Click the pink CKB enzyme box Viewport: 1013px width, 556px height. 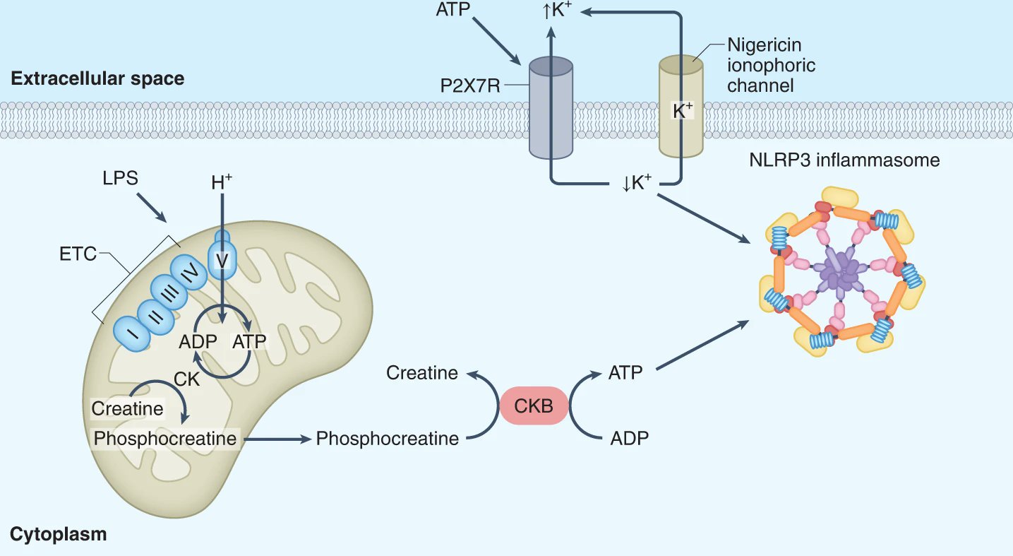(534, 405)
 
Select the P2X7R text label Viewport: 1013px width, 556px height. (470, 86)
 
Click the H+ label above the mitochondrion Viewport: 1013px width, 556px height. (222, 182)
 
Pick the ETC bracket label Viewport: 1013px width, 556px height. (78, 254)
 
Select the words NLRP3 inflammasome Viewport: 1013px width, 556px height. (844, 160)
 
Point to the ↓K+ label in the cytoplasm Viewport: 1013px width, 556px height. (637, 182)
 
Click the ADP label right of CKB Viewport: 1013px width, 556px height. (629, 438)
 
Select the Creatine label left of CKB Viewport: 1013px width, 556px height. (422, 372)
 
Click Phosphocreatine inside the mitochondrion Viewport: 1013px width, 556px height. (165, 438)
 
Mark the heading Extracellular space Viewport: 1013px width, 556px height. (97, 78)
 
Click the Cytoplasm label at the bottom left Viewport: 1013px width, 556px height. (59, 533)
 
